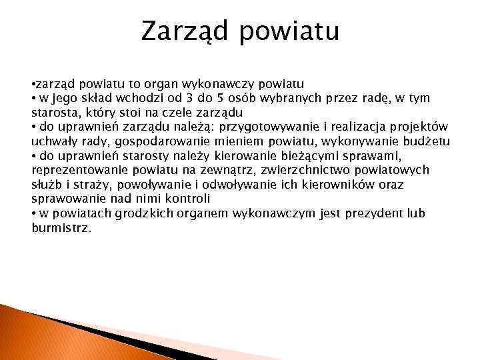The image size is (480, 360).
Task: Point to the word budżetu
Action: click(x=426, y=141)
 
